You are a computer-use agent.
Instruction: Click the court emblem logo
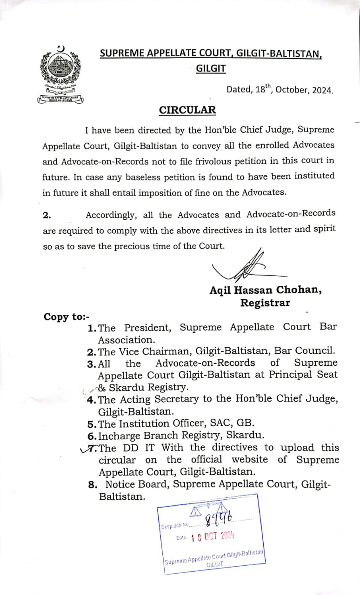pyautogui.click(x=60, y=74)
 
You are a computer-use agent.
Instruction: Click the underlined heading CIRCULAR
pyautogui.click(x=187, y=110)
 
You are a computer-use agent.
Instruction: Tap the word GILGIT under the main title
pyautogui.click(x=211, y=69)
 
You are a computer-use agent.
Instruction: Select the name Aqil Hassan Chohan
pyautogui.click(x=265, y=290)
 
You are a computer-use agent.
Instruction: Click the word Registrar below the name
pyautogui.click(x=265, y=303)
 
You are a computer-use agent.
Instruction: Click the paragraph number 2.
pyautogui.click(x=47, y=215)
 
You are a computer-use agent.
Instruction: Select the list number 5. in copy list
pyautogui.click(x=92, y=423)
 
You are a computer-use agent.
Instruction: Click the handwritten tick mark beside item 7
pyautogui.click(x=85, y=449)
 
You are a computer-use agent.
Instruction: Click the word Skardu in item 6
pyautogui.click(x=245, y=436)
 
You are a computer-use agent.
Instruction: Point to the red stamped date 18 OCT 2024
pyautogui.click(x=212, y=536)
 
